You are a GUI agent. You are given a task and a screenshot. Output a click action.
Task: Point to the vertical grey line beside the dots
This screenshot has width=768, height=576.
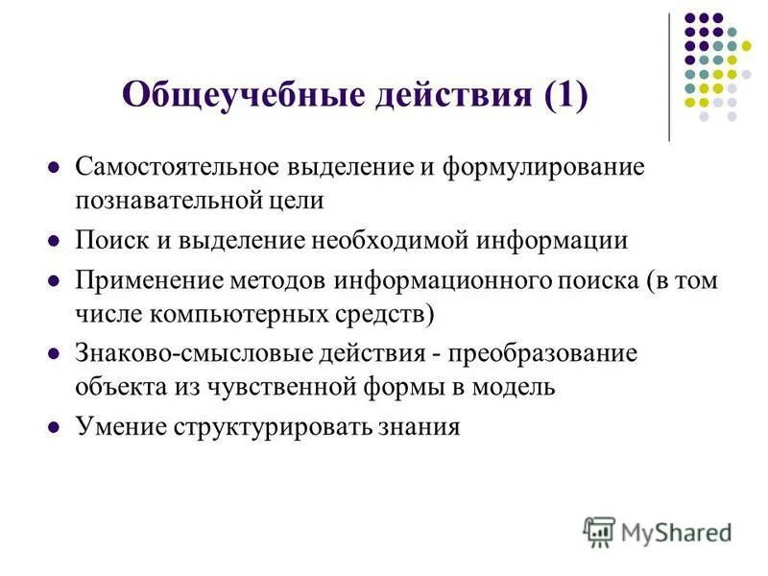tap(669, 77)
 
